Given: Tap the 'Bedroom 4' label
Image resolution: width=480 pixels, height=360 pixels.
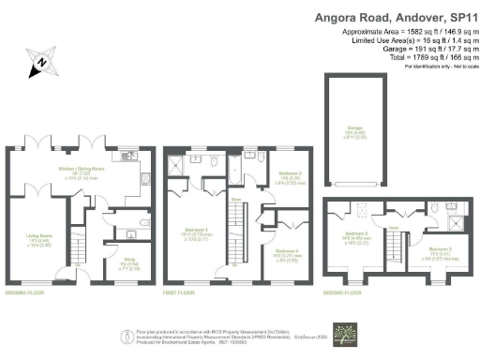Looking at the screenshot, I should (289, 250).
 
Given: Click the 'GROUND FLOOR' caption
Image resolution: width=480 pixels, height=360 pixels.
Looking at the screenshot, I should (30, 292).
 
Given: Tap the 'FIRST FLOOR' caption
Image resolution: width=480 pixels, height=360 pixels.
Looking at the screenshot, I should (181, 292).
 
